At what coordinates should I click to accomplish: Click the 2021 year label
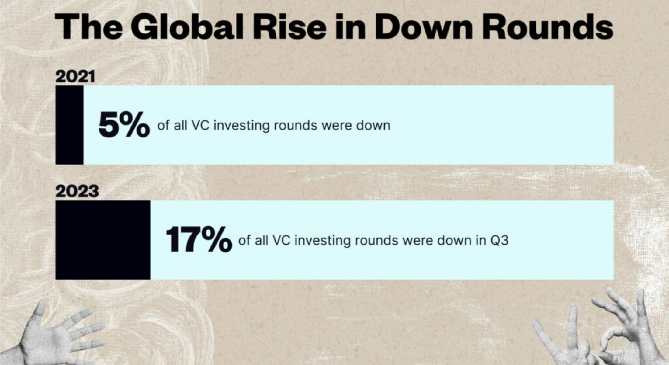(x=75, y=77)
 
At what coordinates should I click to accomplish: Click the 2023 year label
(x=77, y=192)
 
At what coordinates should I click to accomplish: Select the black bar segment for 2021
(x=69, y=125)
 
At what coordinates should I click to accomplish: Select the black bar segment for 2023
(x=103, y=240)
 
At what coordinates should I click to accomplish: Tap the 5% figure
(x=124, y=125)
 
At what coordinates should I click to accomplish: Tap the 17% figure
(x=199, y=240)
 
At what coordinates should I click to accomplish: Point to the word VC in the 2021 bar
(x=201, y=125)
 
